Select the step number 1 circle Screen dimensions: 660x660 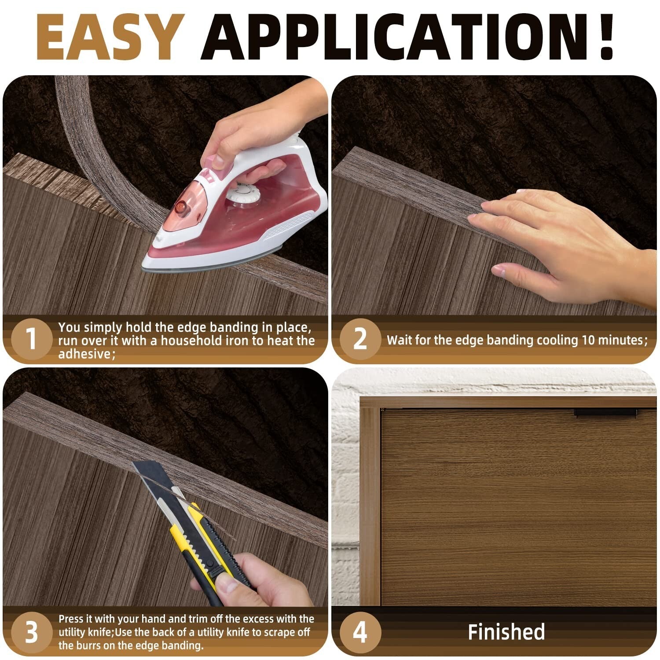(x=31, y=339)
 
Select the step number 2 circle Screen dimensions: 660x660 (x=360, y=339)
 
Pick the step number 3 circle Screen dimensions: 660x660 (x=31, y=632)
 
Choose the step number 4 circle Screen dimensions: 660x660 (x=360, y=632)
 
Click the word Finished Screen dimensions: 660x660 (x=506, y=632)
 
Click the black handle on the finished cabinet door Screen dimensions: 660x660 (x=605, y=412)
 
